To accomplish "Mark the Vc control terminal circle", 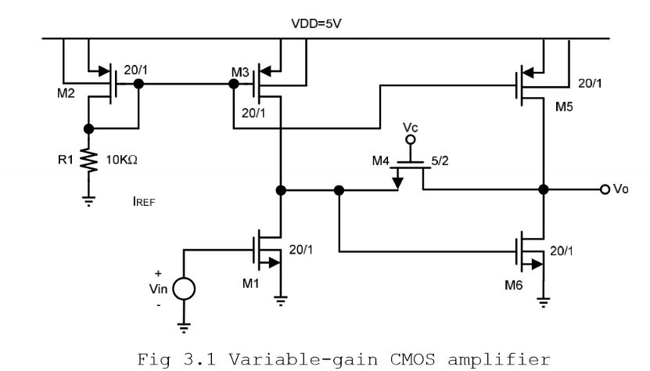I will click(x=408, y=141).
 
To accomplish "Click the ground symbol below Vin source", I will click(x=185, y=327).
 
